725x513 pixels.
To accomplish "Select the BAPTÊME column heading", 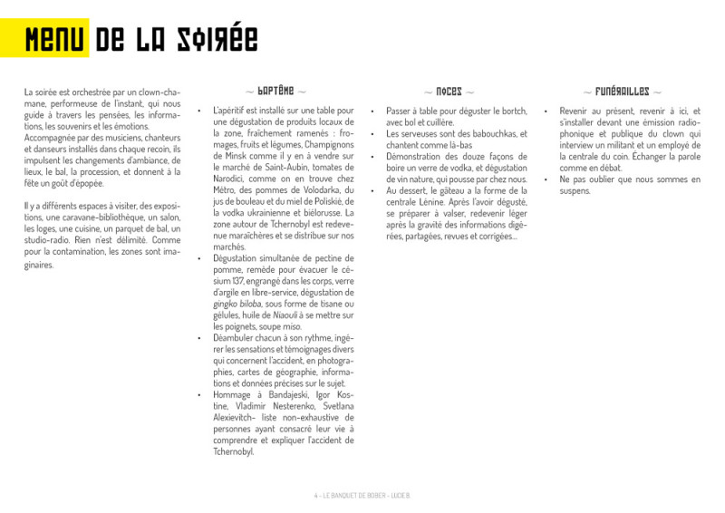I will click(x=275, y=92).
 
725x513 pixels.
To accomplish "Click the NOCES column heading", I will click(x=449, y=92).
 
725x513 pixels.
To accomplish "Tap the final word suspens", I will click(x=575, y=191).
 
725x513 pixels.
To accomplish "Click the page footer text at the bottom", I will click(x=362, y=496).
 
